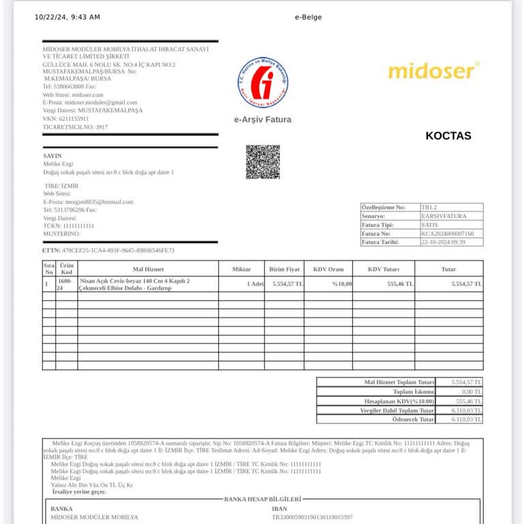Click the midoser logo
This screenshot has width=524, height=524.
(x=434, y=70)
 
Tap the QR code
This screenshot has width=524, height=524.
(x=263, y=162)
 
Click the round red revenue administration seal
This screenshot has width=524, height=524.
(x=263, y=83)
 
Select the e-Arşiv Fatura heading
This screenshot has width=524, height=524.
(x=263, y=119)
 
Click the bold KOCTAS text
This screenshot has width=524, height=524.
(x=448, y=136)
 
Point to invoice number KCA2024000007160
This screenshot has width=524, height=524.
(x=448, y=233)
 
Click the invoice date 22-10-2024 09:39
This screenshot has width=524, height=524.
(x=443, y=242)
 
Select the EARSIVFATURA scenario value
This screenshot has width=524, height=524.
(x=444, y=216)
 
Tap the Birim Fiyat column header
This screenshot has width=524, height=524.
(x=285, y=269)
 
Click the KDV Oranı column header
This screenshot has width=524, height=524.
(x=328, y=269)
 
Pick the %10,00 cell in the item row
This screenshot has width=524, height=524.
(x=342, y=283)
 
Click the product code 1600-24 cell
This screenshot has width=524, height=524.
(x=65, y=285)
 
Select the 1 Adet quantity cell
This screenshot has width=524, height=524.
(x=254, y=283)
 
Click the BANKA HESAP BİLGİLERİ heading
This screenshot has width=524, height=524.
(x=262, y=499)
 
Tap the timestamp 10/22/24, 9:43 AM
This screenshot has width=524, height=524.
(x=67, y=17)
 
